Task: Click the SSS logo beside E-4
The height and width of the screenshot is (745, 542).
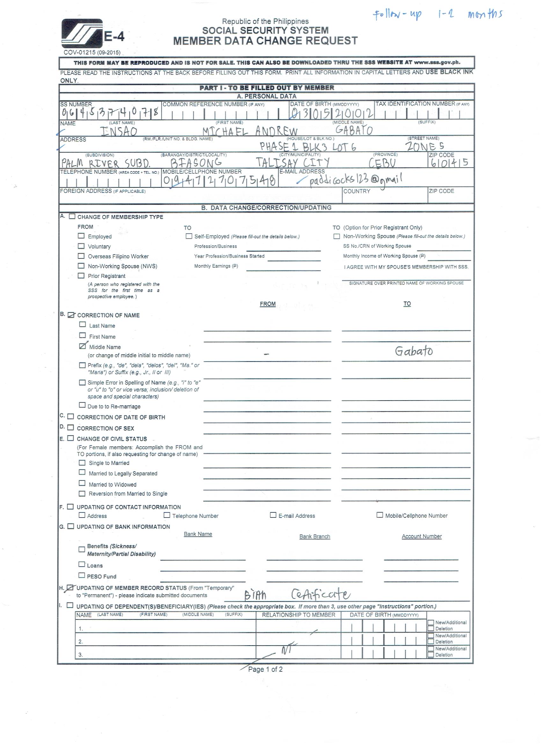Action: (x=82, y=33)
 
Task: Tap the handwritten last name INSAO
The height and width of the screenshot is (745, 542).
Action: (x=118, y=132)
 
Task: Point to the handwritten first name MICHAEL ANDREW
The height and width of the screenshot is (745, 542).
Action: (x=250, y=131)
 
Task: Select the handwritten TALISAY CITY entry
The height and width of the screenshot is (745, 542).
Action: (x=293, y=163)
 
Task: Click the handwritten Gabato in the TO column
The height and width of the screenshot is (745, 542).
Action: (x=414, y=351)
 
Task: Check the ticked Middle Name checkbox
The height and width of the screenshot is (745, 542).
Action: (x=83, y=346)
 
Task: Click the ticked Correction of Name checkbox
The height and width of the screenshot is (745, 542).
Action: (x=71, y=315)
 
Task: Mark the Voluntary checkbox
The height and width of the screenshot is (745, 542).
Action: (x=81, y=246)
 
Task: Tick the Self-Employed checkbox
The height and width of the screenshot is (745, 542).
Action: (x=189, y=236)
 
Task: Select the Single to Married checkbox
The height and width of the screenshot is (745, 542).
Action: (x=82, y=462)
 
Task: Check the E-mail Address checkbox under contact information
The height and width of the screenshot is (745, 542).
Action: (x=273, y=515)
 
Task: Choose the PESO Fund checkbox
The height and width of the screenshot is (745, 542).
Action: (x=82, y=575)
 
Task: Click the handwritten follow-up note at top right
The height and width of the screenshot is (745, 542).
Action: (x=437, y=15)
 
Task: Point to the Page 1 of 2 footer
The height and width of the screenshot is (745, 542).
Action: (x=265, y=669)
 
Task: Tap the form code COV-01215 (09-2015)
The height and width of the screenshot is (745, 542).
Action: (x=92, y=53)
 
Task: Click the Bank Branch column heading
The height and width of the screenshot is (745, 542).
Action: (x=315, y=536)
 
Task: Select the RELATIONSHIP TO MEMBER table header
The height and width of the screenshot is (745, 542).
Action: (x=298, y=615)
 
